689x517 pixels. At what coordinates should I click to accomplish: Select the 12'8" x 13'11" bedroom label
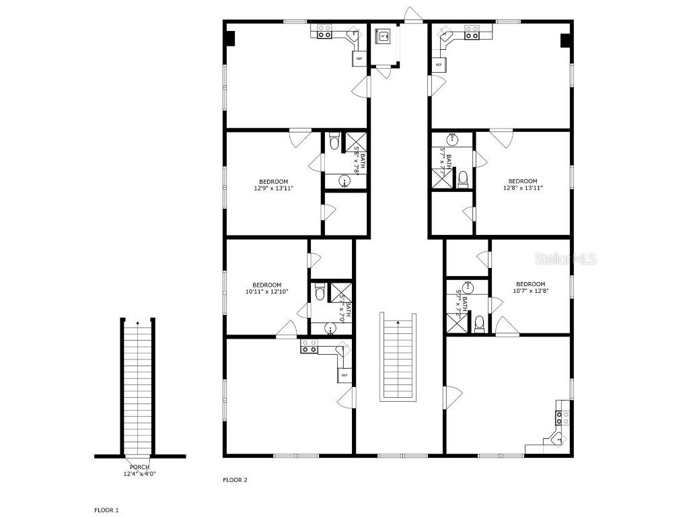click(x=522, y=184)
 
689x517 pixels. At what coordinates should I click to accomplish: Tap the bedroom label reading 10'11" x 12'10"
click(x=266, y=288)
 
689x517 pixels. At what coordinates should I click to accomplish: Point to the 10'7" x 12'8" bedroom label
click(x=530, y=287)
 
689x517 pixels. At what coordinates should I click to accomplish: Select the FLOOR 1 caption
click(x=106, y=510)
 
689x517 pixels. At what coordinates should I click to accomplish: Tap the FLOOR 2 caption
click(x=235, y=480)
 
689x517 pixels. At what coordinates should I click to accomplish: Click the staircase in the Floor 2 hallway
click(x=398, y=357)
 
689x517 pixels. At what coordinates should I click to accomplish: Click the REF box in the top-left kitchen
click(x=359, y=59)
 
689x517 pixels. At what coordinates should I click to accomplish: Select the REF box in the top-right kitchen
click(x=439, y=65)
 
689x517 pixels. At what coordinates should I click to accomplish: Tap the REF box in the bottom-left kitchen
click(x=344, y=375)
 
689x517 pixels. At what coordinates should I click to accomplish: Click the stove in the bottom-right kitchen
click(x=563, y=417)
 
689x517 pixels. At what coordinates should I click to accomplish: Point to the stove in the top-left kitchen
click(x=324, y=31)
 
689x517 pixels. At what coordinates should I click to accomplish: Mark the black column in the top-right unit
click(x=565, y=40)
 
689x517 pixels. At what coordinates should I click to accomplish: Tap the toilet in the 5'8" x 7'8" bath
click(x=334, y=143)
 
